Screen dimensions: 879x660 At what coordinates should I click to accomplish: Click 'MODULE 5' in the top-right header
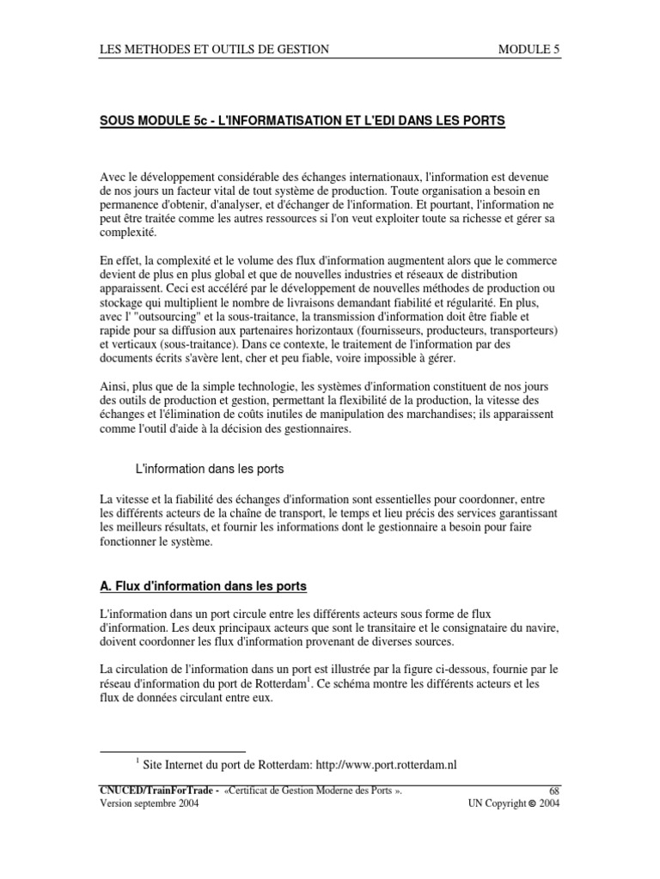(529, 50)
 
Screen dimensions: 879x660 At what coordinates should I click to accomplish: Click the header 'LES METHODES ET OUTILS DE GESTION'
(215, 50)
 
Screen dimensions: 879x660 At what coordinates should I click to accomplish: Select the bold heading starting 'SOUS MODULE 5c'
(303, 121)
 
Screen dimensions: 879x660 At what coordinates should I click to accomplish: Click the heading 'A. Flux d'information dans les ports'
(203, 586)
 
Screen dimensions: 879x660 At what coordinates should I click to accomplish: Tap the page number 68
(553, 790)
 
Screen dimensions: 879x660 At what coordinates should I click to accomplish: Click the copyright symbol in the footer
(532, 803)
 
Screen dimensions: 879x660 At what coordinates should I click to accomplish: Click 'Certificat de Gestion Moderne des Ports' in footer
(308, 790)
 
